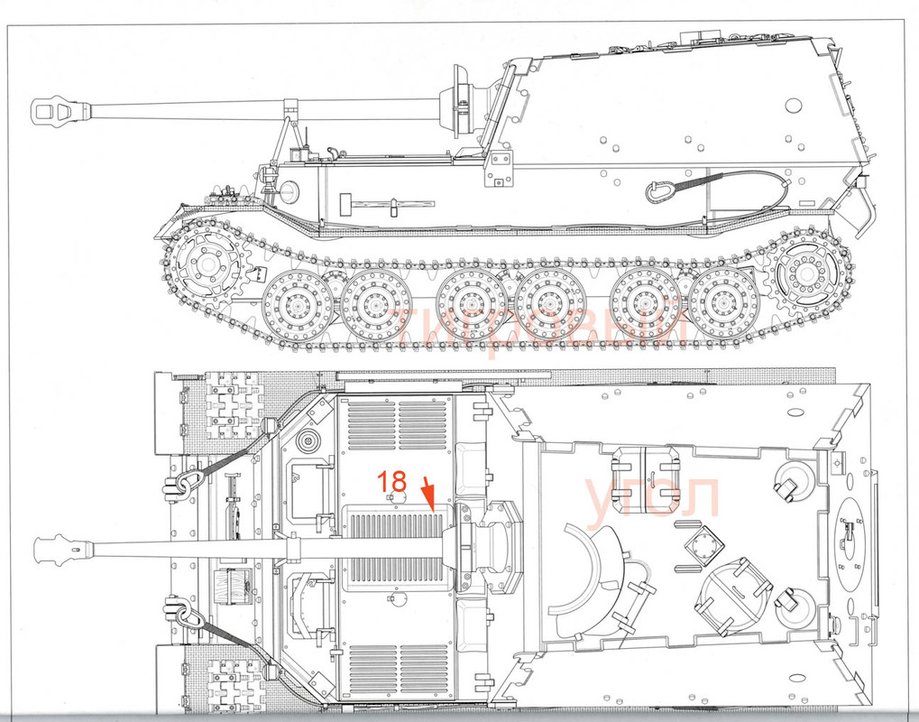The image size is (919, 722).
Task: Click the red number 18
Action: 393,481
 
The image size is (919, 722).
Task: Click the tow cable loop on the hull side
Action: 658,191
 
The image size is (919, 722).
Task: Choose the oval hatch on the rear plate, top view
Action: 849,532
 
